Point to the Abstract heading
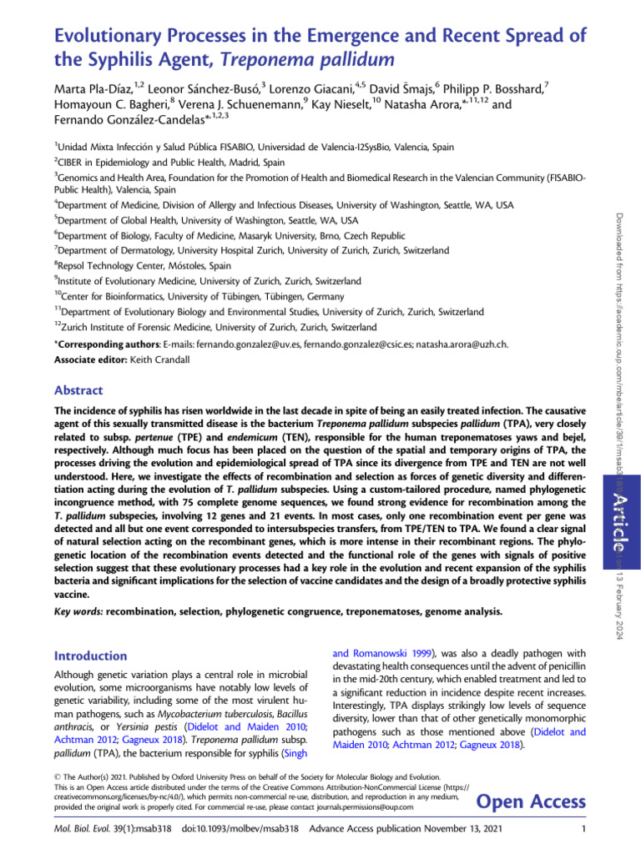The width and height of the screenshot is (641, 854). point(78,389)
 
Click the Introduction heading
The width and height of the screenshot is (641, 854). point(93,656)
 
